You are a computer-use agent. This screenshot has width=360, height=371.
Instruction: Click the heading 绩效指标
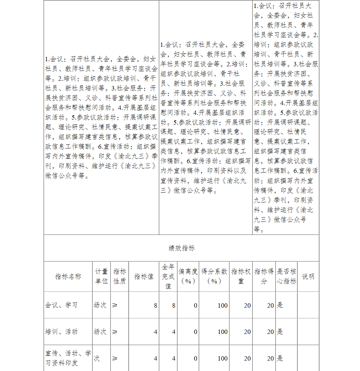click(181, 248)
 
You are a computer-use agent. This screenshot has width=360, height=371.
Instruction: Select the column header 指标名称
click(68, 276)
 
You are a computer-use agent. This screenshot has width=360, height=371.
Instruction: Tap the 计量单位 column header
click(101, 276)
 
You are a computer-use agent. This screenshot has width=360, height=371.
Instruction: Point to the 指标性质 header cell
click(120, 276)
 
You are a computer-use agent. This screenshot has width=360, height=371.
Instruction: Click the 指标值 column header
click(144, 276)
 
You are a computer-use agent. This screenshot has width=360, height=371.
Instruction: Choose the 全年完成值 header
click(168, 276)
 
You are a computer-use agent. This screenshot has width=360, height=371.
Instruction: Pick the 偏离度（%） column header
click(188, 276)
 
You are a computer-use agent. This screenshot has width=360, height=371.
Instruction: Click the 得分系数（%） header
click(214, 276)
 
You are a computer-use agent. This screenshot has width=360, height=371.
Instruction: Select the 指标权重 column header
click(241, 276)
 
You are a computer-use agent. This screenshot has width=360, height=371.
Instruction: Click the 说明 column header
click(308, 276)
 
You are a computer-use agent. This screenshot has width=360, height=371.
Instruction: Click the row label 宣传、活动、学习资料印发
click(68, 358)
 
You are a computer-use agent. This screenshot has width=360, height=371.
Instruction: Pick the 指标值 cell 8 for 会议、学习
click(156, 305)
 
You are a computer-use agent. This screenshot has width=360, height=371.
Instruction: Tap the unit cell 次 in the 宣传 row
click(97, 358)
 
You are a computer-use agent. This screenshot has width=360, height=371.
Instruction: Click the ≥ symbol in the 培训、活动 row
click(115, 332)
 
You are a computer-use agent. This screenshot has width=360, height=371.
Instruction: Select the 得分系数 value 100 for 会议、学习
click(222, 305)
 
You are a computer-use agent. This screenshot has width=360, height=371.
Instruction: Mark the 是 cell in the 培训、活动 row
click(280, 332)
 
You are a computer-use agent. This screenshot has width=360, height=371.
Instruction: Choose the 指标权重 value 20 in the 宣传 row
click(247, 358)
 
